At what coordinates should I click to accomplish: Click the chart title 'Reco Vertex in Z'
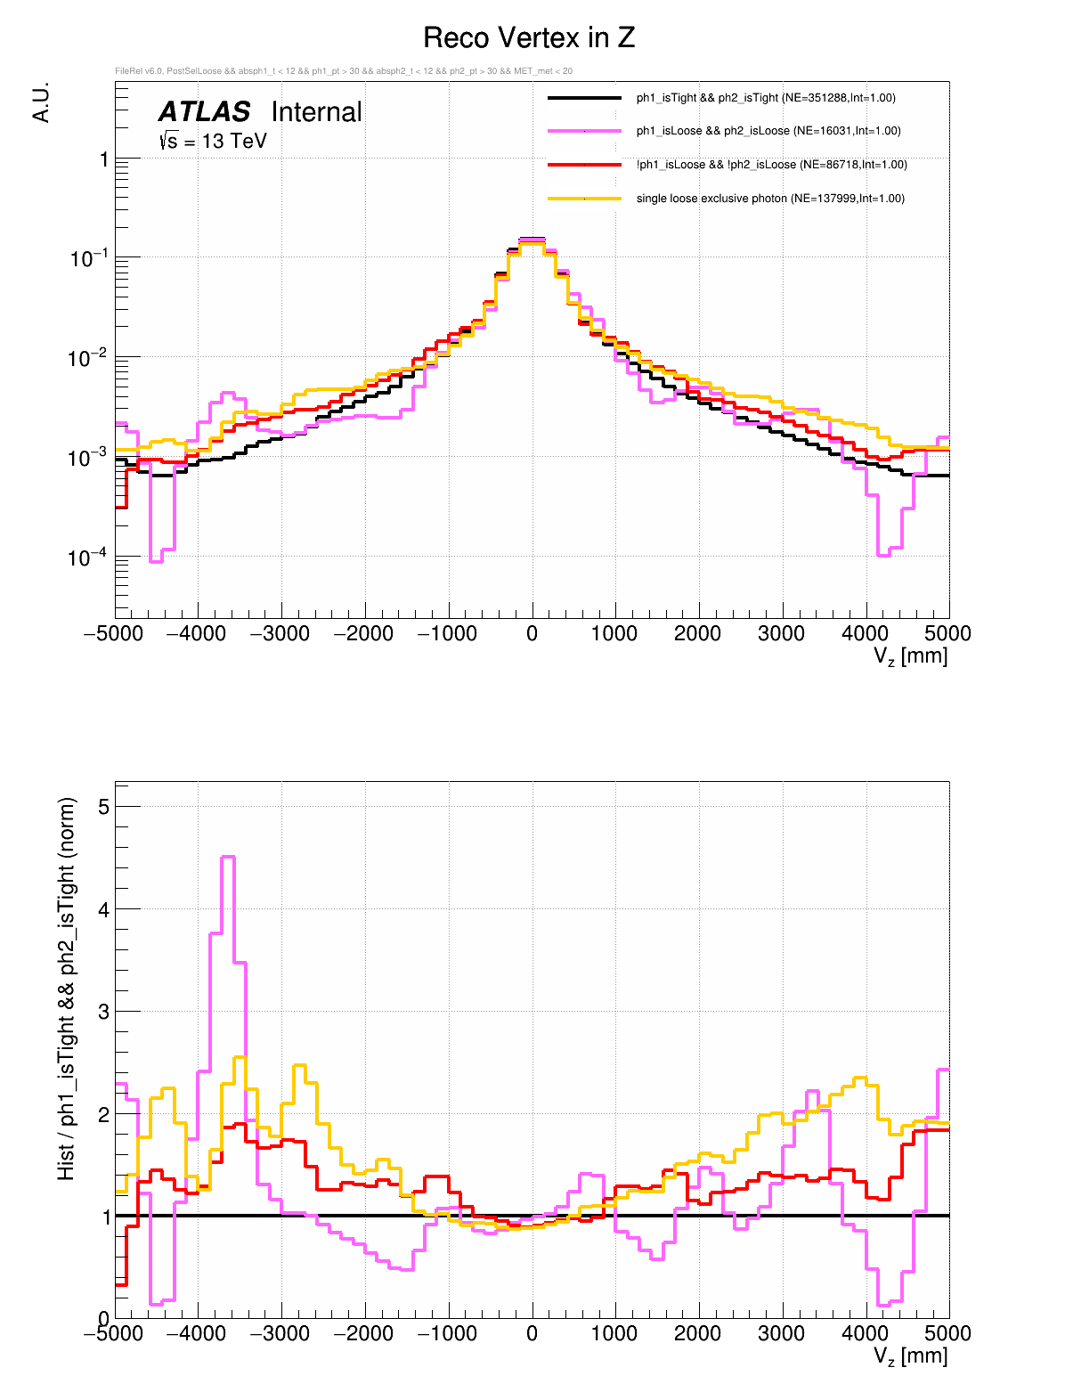click(529, 38)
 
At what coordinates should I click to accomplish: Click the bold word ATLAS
click(204, 112)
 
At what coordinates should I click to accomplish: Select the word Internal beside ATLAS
click(316, 112)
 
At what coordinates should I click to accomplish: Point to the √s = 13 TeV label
click(213, 141)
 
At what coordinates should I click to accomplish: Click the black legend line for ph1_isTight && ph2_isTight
click(584, 98)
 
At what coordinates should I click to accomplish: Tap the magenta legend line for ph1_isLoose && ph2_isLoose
click(584, 131)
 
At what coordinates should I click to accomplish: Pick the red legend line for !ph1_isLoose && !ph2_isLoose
click(584, 165)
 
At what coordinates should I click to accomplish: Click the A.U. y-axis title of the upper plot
click(41, 102)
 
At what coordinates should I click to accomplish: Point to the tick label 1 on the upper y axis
click(104, 159)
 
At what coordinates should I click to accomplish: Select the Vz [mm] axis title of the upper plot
click(910, 657)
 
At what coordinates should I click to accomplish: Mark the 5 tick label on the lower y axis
click(103, 807)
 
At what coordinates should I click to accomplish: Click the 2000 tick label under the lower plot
click(697, 1333)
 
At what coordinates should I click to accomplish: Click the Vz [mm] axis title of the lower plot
click(910, 1356)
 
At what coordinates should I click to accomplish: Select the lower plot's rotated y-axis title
click(67, 989)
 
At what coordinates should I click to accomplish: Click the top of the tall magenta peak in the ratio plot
click(227, 857)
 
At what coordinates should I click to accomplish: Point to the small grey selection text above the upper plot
click(344, 71)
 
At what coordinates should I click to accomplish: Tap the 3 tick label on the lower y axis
click(103, 1012)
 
